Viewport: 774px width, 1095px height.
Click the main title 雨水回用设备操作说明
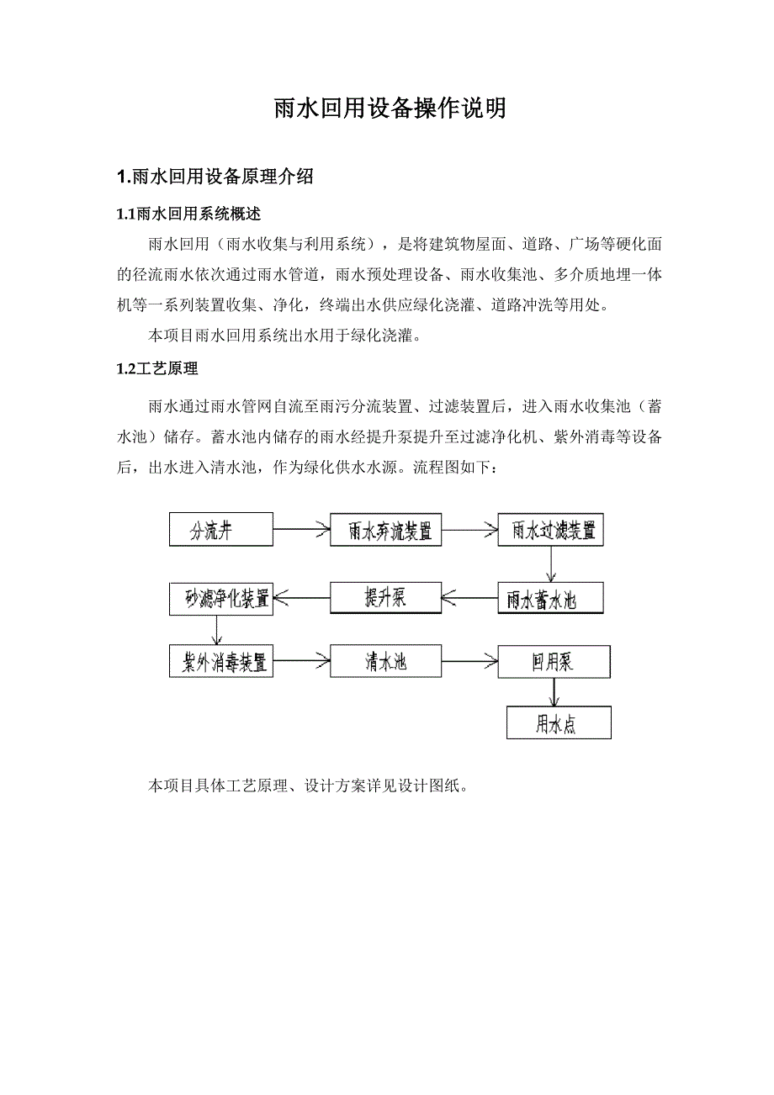[390, 108]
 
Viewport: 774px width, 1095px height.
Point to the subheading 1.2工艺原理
[157, 368]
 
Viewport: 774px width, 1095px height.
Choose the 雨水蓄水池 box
[552, 599]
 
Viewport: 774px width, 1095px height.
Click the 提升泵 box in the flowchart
[385, 598]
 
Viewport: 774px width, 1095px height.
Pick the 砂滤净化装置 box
[220, 598]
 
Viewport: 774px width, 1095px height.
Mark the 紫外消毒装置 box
[220, 662]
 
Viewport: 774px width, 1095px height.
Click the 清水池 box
[385, 662]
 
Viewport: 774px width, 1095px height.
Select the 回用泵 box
[553, 662]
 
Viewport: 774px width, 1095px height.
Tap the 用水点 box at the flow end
[558, 723]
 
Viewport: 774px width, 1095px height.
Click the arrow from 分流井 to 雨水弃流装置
[300, 530]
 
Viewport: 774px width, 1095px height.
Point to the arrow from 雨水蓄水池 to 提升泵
[469, 598]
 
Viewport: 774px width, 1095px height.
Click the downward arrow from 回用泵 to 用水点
[554, 692]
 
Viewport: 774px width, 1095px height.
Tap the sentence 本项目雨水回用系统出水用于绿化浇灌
[284, 336]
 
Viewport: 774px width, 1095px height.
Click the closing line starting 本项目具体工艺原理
[307, 786]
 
